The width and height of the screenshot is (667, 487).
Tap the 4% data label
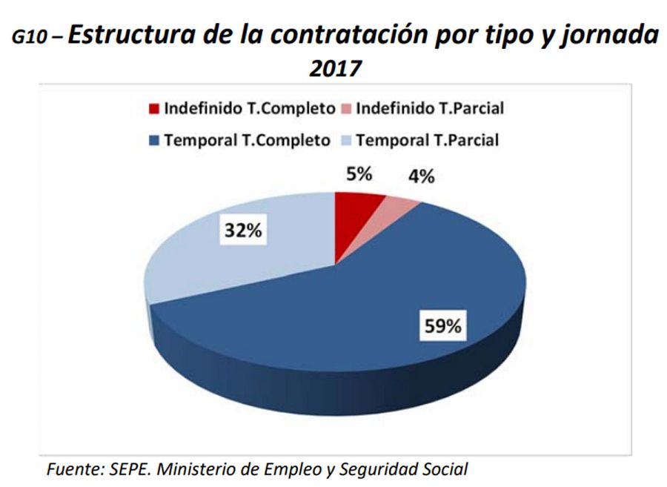419,178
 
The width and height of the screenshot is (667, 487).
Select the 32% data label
243,231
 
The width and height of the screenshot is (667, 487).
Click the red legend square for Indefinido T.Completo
154,109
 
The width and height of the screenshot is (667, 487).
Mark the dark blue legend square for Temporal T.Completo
154,139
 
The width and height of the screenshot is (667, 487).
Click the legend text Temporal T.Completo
247,139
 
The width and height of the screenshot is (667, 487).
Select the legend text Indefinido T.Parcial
430,109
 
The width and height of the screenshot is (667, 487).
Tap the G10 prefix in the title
31,39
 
